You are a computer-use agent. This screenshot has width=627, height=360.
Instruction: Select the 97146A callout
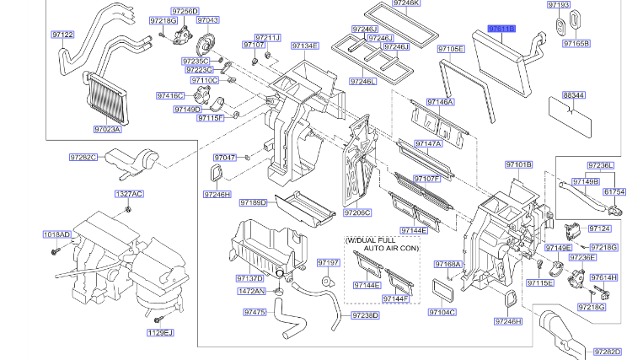pyautogui.click(x=440, y=102)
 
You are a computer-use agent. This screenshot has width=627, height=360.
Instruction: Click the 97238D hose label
pyautogui.click(x=364, y=315)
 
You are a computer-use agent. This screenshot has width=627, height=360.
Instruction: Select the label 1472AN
pyautogui.click(x=251, y=291)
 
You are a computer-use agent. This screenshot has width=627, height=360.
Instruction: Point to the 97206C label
pyautogui.click(x=357, y=212)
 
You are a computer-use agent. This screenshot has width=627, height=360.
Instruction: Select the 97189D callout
pyautogui.click(x=253, y=202)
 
